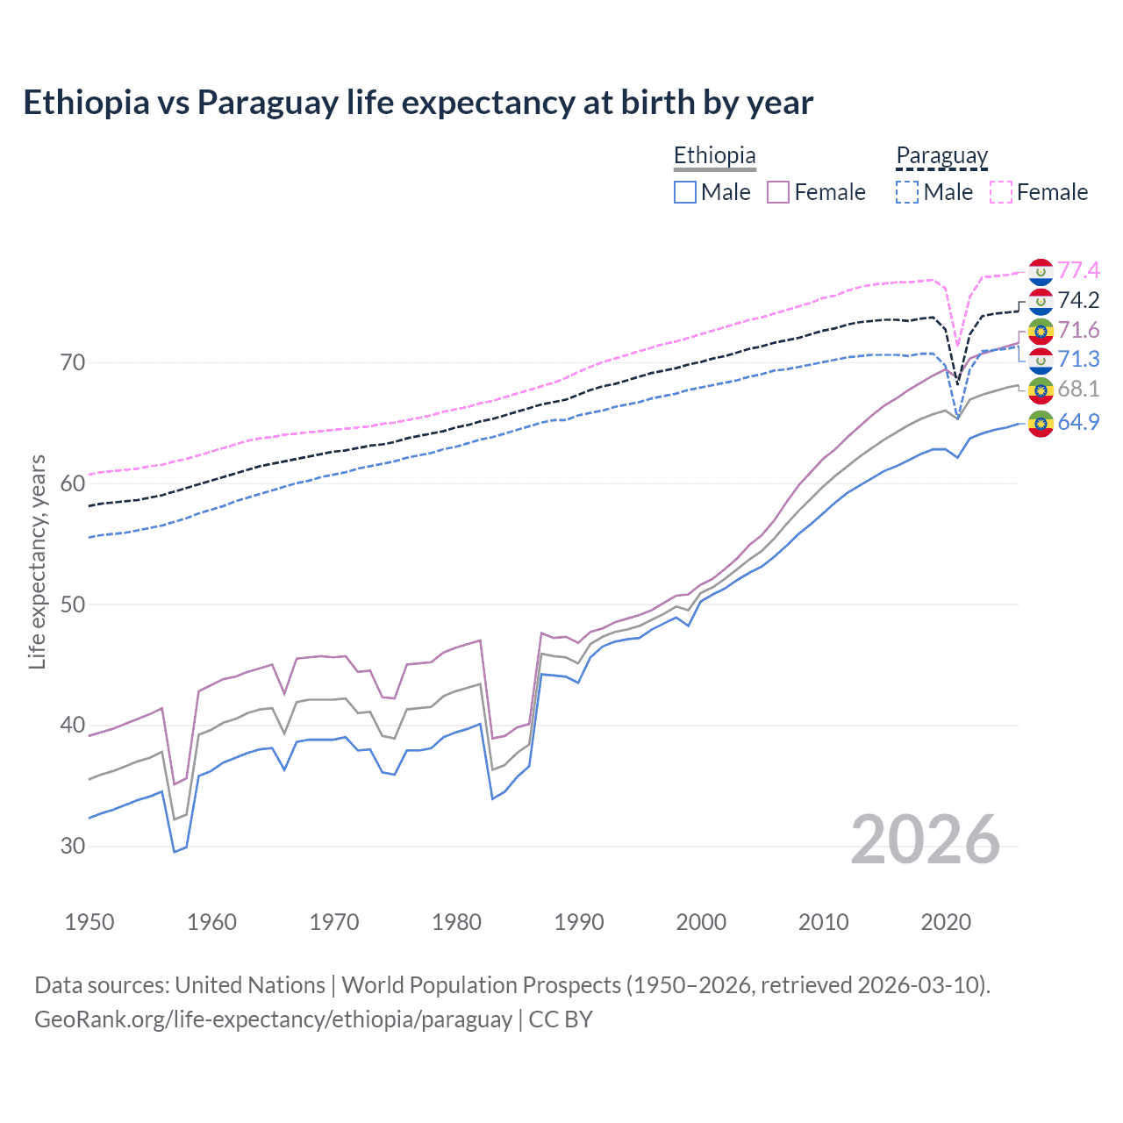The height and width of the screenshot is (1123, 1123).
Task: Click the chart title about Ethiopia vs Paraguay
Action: (x=418, y=103)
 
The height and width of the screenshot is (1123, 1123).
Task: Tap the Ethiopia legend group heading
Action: (x=714, y=155)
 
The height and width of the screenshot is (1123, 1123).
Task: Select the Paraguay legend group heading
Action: (x=941, y=155)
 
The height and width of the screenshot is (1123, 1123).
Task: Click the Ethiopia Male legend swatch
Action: (x=685, y=192)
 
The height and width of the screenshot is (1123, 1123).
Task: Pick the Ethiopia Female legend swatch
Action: (x=778, y=192)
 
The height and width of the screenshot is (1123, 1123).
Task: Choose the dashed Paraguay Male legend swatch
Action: (x=907, y=192)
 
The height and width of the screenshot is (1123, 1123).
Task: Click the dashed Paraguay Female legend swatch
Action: (x=1001, y=192)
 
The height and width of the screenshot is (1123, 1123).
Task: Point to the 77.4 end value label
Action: (x=1078, y=270)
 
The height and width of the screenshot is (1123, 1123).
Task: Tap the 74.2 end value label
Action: (x=1078, y=300)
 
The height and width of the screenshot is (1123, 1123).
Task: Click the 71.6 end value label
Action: (x=1078, y=330)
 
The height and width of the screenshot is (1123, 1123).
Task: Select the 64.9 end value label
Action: (x=1078, y=422)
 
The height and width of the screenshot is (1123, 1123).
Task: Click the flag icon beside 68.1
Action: (x=1041, y=390)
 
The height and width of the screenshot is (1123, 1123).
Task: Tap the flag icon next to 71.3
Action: (x=1041, y=360)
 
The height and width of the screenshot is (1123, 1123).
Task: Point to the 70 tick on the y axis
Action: (x=73, y=362)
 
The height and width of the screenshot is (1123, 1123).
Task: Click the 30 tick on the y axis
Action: (x=73, y=847)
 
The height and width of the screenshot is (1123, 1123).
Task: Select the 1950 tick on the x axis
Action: (x=89, y=922)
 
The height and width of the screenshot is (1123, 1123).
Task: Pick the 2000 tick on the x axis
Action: (x=701, y=922)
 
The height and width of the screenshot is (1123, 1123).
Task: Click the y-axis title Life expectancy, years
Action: (x=38, y=561)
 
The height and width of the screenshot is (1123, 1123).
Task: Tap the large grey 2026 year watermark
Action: (x=926, y=840)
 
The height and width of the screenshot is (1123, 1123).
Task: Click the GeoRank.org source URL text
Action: (x=273, y=1019)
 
